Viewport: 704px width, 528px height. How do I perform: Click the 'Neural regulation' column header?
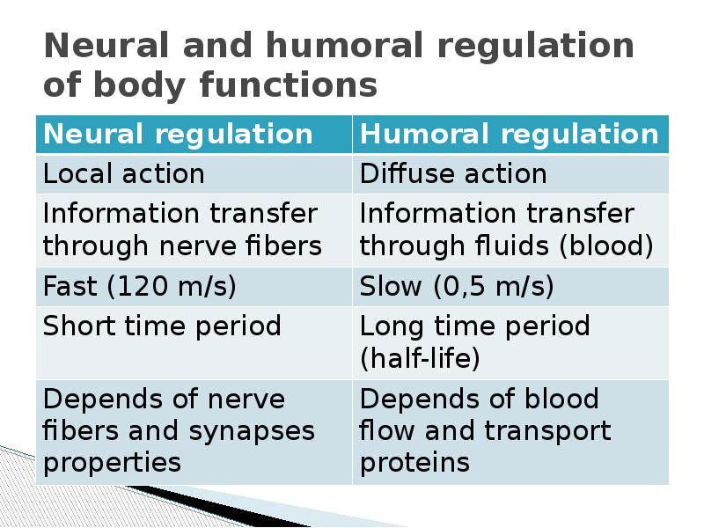(x=179, y=135)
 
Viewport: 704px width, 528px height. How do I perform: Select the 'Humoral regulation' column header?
(x=510, y=135)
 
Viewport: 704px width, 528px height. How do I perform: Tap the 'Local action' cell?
(x=124, y=174)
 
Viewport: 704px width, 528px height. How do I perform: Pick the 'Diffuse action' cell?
(x=453, y=174)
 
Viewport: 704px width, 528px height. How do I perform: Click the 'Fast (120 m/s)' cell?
(x=140, y=287)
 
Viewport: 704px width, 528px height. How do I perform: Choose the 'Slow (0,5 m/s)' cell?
(x=457, y=287)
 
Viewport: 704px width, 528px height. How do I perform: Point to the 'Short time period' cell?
(x=163, y=326)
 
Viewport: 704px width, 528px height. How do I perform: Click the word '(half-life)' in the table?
(x=421, y=359)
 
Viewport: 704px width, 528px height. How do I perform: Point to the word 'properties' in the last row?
(x=113, y=463)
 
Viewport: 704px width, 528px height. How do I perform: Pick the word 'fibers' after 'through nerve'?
(x=284, y=246)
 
